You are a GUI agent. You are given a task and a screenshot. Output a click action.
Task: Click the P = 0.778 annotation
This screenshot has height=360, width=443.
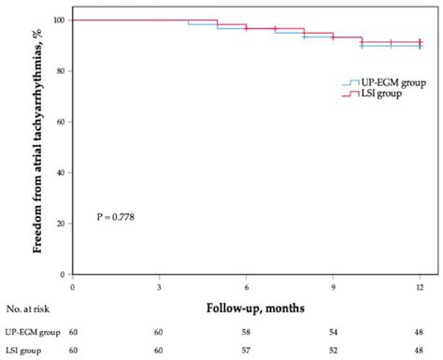click(118, 217)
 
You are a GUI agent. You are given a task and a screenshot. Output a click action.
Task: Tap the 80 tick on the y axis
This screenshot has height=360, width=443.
click(61, 71)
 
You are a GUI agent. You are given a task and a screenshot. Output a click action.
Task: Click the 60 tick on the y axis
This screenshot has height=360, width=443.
click(61, 122)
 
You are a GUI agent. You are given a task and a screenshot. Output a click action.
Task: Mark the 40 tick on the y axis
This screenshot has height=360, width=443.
click(61, 173)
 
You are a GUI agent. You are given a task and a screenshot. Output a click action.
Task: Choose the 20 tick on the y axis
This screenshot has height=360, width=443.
click(61, 223)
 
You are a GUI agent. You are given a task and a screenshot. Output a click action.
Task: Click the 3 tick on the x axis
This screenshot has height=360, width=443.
click(159, 286)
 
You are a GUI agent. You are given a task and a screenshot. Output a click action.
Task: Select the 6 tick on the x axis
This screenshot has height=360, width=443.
click(246, 286)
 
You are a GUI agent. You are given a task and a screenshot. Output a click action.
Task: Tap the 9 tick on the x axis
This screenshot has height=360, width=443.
click(333, 286)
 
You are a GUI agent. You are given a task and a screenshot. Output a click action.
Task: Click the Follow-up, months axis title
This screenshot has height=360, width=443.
click(245, 307)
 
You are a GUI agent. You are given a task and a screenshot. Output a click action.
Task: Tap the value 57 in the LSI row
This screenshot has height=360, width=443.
click(246, 351)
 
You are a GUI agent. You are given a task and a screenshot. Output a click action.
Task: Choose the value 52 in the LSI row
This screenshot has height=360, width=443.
click(333, 351)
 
